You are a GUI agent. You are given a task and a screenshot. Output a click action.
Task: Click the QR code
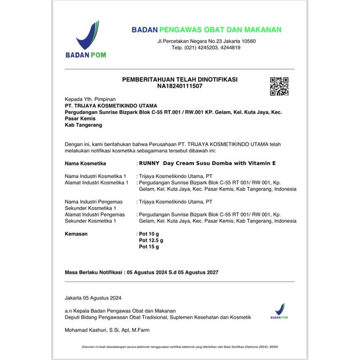point(279,87)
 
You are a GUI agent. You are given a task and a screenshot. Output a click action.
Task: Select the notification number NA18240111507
point(180,86)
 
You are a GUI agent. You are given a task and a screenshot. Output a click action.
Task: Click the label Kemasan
point(76,234)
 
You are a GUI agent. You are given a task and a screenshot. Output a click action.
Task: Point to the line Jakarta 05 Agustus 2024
point(93,298)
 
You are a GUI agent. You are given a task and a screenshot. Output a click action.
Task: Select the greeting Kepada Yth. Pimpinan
point(90,99)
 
